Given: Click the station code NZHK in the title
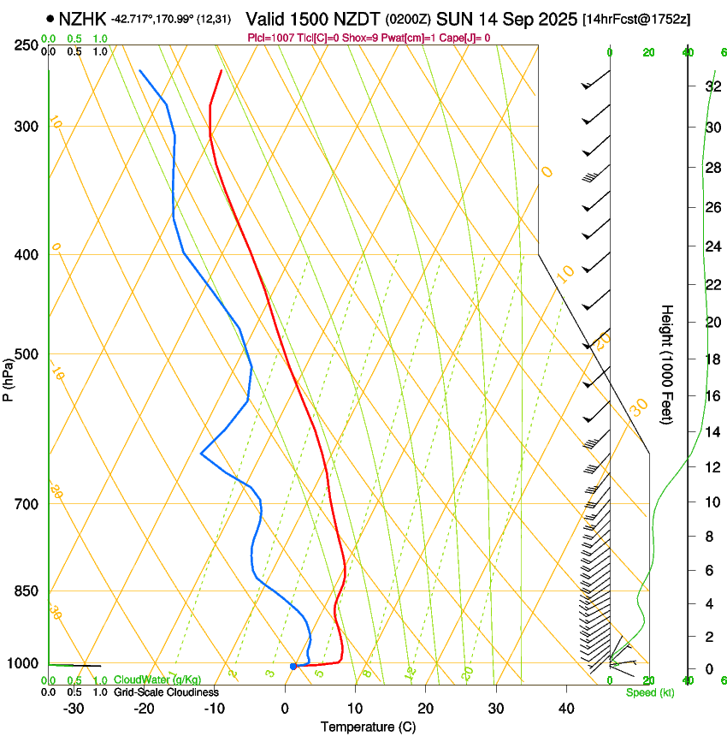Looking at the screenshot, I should click(x=83, y=17).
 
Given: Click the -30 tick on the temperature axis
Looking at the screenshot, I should click(x=74, y=709).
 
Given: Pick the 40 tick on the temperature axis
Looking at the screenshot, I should click(x=565, y=709).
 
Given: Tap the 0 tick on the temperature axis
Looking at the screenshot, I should click(x=285, y=709).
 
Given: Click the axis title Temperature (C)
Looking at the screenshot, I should click(x=368, y=727).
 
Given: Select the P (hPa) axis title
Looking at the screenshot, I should click(x=9, y=377).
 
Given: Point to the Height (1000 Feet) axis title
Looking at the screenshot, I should click(x=668, y=364).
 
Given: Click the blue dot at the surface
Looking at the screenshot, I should click(x=293, y=666).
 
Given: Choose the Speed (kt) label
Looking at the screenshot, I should click(x=649, y=692).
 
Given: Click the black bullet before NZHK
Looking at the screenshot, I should click(x=50, y=18).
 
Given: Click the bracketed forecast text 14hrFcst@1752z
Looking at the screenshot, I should click(x=637, y=18).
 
